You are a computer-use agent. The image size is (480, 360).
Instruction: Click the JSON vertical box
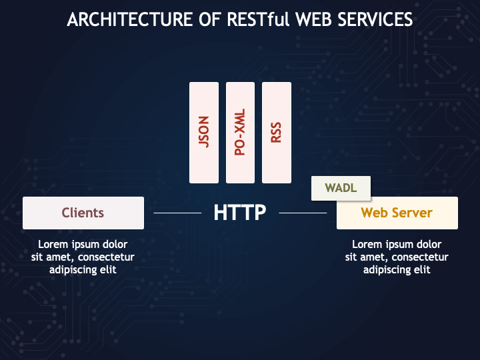pyautogui.click(x=204, y=132)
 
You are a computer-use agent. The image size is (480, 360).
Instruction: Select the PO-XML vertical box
pyautogui.click(x=241, y=132)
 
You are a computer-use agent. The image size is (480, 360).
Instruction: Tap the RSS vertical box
pyautogui.click(x=277, y=132)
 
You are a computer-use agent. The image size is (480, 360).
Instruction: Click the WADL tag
pyautogui.click(x=341, y=188)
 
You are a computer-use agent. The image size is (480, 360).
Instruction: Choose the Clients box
pyautogui.click(x=83, y=213)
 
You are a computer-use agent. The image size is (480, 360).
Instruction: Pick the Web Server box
pyautogui.click(x=397, y=213)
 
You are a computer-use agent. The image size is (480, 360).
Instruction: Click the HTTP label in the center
pyautogui.click(x=240, y=213)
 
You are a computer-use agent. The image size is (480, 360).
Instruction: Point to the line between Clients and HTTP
pyautogui.click(x=177, y=213)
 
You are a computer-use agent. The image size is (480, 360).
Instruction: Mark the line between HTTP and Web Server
pyautogui.click(x=303, y=213)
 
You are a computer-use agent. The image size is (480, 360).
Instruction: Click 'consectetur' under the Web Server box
pyautogui.click(x=421, y=257)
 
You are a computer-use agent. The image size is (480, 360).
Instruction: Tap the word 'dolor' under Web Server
pyautogui.click(x=427, y=244)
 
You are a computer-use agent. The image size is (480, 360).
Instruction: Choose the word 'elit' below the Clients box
pyautogui.click(x=108, y=269)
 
